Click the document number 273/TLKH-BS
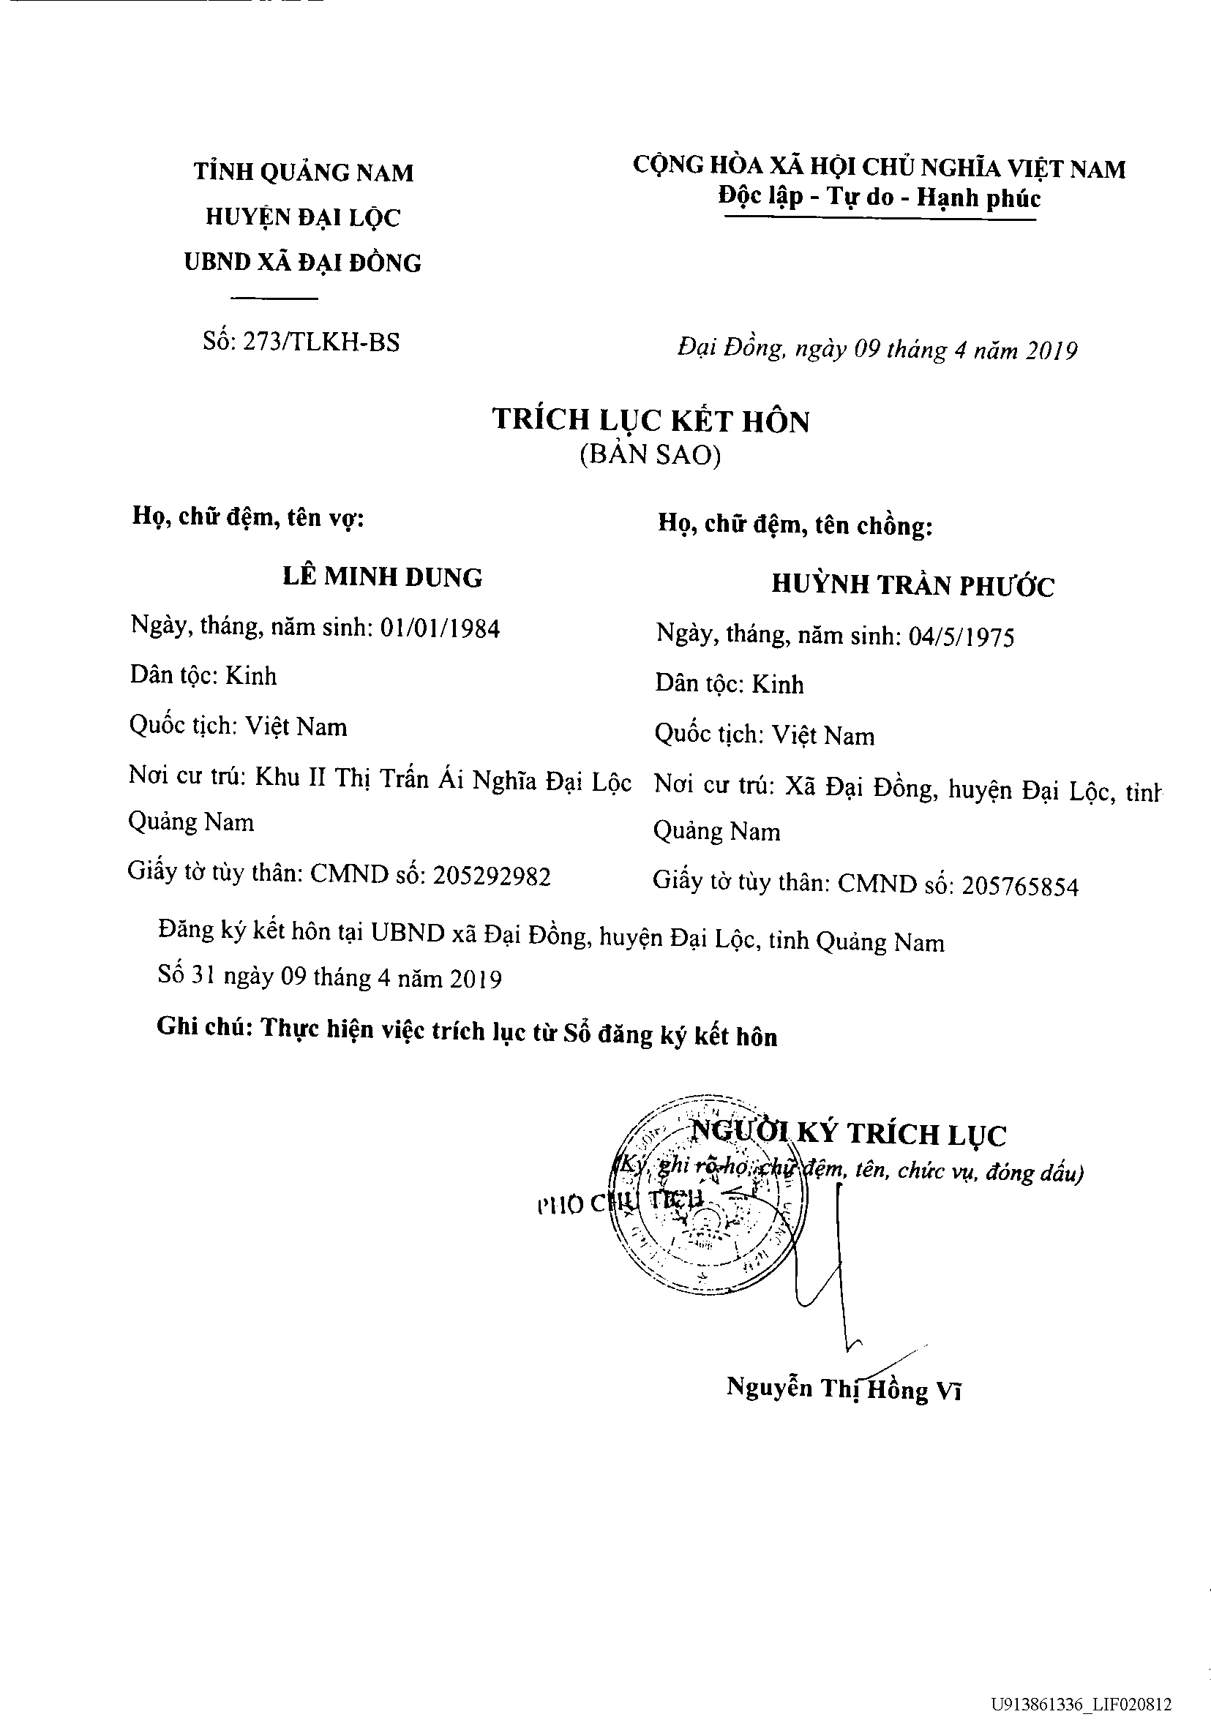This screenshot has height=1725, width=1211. coord(322,342)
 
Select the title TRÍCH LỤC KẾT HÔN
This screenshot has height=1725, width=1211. coord(651,420)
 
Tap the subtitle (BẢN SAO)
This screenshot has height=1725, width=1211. coord(651,455)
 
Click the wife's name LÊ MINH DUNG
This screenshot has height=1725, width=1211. coord(383,577)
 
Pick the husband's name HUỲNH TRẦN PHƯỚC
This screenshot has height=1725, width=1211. coord(912,585)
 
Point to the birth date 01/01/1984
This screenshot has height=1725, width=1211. coord(440,628)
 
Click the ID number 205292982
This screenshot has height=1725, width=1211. coord(492,876)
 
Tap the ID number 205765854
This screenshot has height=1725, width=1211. coord(1020,887)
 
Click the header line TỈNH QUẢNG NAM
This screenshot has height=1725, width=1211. coord(304,172)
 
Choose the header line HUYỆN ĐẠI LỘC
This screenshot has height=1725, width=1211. coord(303,217)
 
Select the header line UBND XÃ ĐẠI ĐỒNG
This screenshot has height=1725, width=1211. coord(303,262)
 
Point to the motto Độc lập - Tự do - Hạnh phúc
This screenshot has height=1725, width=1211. coord(879,197)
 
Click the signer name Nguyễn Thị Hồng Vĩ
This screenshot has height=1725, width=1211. coord(844,1388)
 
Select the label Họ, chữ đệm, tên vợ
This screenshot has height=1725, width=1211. coord(248,517)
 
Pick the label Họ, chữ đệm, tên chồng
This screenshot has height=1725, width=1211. coord(795,524)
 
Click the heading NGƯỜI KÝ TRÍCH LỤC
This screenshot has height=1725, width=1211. coord(848,1134)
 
